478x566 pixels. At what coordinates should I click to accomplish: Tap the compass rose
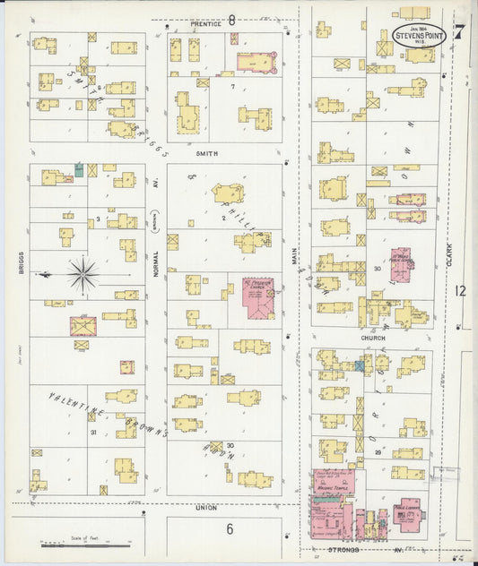point(83,274)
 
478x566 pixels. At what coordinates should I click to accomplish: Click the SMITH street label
point(207,153)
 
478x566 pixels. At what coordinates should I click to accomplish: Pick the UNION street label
point(206,508)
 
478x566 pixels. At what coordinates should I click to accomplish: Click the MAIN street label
point(294,257)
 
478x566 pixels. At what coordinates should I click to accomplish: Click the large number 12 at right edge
point(461,291)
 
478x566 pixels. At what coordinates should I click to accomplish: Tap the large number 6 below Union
point(229,529)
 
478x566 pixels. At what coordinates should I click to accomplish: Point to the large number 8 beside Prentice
point(231,19)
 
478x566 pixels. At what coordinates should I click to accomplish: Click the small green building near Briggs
point(79,168)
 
